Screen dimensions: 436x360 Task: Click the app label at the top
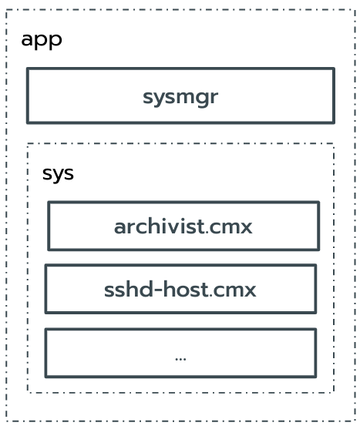[x=41, y=39]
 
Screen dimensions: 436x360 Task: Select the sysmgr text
[x=180, y=97]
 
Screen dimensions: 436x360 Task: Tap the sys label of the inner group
[x=58, y=173]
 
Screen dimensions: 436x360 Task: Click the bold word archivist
[x=160, y=226]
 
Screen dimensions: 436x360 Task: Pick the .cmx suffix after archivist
[x=230, y=226]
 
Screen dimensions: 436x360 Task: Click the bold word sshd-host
[x=156, y=290]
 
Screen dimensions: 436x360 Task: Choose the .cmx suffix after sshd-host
[x=234, y=290]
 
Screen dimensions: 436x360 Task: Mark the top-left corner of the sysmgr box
[x=28, y=69]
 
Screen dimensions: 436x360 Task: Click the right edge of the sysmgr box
[x=334, y=96]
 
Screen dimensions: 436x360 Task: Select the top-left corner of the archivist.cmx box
[x=49, y=203]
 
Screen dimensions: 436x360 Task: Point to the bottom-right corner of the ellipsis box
[x=315, y=376]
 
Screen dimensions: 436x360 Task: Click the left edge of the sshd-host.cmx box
[x=45, y=289]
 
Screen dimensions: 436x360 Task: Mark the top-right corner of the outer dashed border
[x=354, y=10]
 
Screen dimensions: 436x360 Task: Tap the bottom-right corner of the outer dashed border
[x=354, y=421]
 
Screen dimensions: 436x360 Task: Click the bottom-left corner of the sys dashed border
[x=28, y=392]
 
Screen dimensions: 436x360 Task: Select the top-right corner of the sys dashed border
[x=334, y=143]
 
